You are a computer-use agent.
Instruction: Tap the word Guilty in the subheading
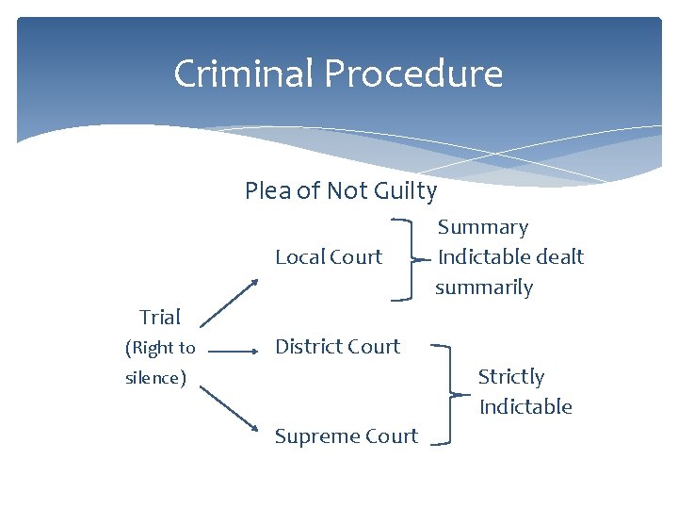[404, 191]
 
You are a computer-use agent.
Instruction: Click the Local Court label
[329, 256]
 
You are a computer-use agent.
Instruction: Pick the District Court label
[337, 347]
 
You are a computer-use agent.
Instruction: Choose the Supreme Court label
[346, 436]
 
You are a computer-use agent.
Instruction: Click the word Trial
[160, 317]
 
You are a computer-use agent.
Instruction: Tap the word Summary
[483, 227]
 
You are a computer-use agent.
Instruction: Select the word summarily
[484, 287]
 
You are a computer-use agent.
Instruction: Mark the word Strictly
[511, 377]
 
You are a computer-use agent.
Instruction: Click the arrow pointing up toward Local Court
[232, 302]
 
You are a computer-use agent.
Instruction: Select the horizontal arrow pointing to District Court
[233, 351]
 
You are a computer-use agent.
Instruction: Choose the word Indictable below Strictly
[525, 407]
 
